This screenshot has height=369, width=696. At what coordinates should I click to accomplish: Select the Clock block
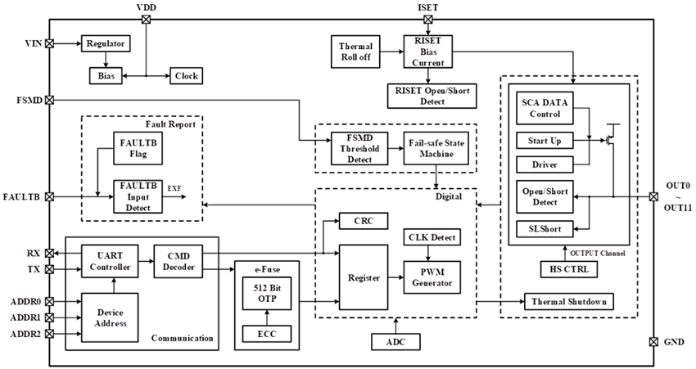coord(185,75)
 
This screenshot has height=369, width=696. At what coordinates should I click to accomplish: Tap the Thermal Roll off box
coord(355,51)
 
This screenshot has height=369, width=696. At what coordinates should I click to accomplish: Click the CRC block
coord(363,221)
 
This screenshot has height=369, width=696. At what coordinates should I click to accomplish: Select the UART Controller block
coord(108,259)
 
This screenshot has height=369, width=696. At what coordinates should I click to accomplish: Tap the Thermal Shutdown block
coord(567,301)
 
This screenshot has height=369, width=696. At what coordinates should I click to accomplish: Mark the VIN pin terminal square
coord(49,43)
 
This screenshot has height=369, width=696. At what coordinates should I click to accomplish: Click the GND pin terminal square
coord(653,341)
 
